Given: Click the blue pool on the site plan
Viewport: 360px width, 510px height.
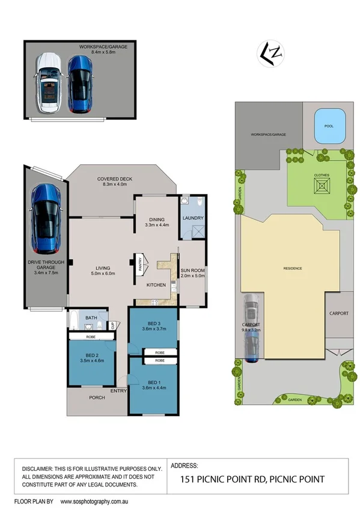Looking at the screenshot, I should tap(328, 127).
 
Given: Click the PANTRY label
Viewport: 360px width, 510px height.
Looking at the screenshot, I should tap(139, 265).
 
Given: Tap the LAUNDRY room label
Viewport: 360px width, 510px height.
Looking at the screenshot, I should tap(194, 218).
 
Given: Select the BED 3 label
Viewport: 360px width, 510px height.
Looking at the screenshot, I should tap(153, 322).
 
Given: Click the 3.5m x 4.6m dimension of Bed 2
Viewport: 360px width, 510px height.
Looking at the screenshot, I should tap(91, 361).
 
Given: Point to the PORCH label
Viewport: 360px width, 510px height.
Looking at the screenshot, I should tap(97, 398).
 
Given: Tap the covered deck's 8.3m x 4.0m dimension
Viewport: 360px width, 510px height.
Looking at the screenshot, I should tap(115, 186).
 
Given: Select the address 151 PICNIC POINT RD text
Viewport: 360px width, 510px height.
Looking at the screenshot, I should tap(224, 479).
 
